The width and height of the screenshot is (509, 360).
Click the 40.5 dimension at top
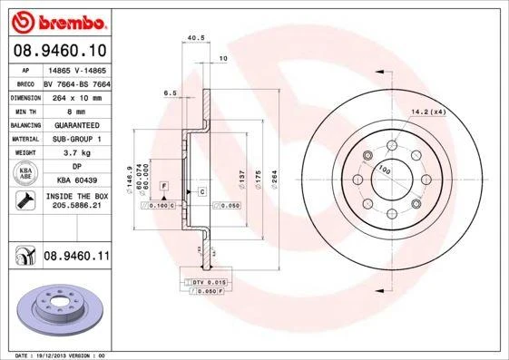coord(191,37)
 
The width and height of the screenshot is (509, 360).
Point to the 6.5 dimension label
coord(169,92)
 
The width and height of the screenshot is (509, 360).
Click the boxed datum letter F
coord(164,185)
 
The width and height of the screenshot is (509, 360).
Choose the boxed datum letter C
coord(201,192)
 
